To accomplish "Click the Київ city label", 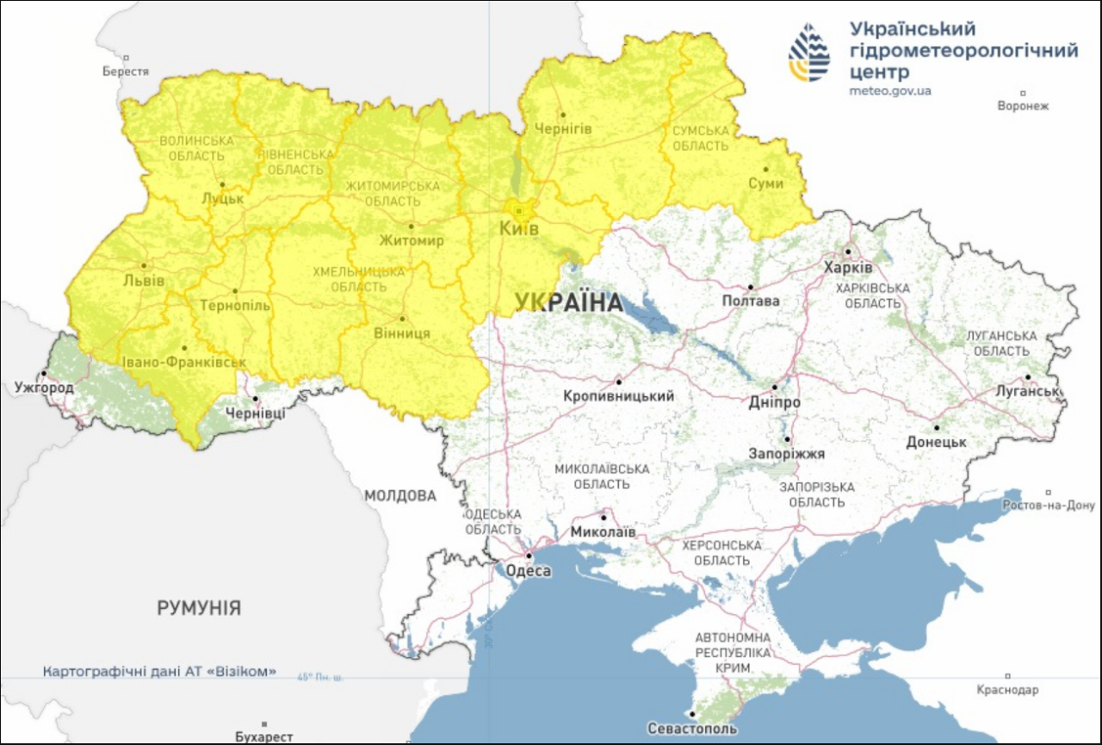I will pyautogui.click(x=519, y=230).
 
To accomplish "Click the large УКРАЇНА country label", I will pyautogui.click(x=569, y=302).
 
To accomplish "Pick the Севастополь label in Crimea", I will pyautogui.click(x=692, y=729).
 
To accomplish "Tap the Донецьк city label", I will pyautogui.click(x=936, y=442).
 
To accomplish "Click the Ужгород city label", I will pyautogui.click(x=44, y=388).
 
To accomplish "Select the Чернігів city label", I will pyautogui.click(x=563, y=128).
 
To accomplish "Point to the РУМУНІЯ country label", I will pyautogui.click(x=199, y=608).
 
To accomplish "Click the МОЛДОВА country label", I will pyautogui.click(x=399, y=496).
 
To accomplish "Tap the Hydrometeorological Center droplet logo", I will pyautogui.click(x=809, y=53).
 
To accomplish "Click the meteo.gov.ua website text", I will pyautogui.click(x=889, y=90).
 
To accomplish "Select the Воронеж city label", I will pyautogui.click(x=1023, y=106).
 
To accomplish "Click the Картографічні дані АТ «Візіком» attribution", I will pyautogui.click(x=160, y=671).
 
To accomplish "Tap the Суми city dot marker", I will pyautogui.click(x=765, y=170).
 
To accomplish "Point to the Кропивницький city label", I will pyautogui.click(x=618, y=396).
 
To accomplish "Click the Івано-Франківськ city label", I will pyautogui.click(x=183, y=363).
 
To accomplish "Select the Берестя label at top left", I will pyautogui.click(x=126, y=71).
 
